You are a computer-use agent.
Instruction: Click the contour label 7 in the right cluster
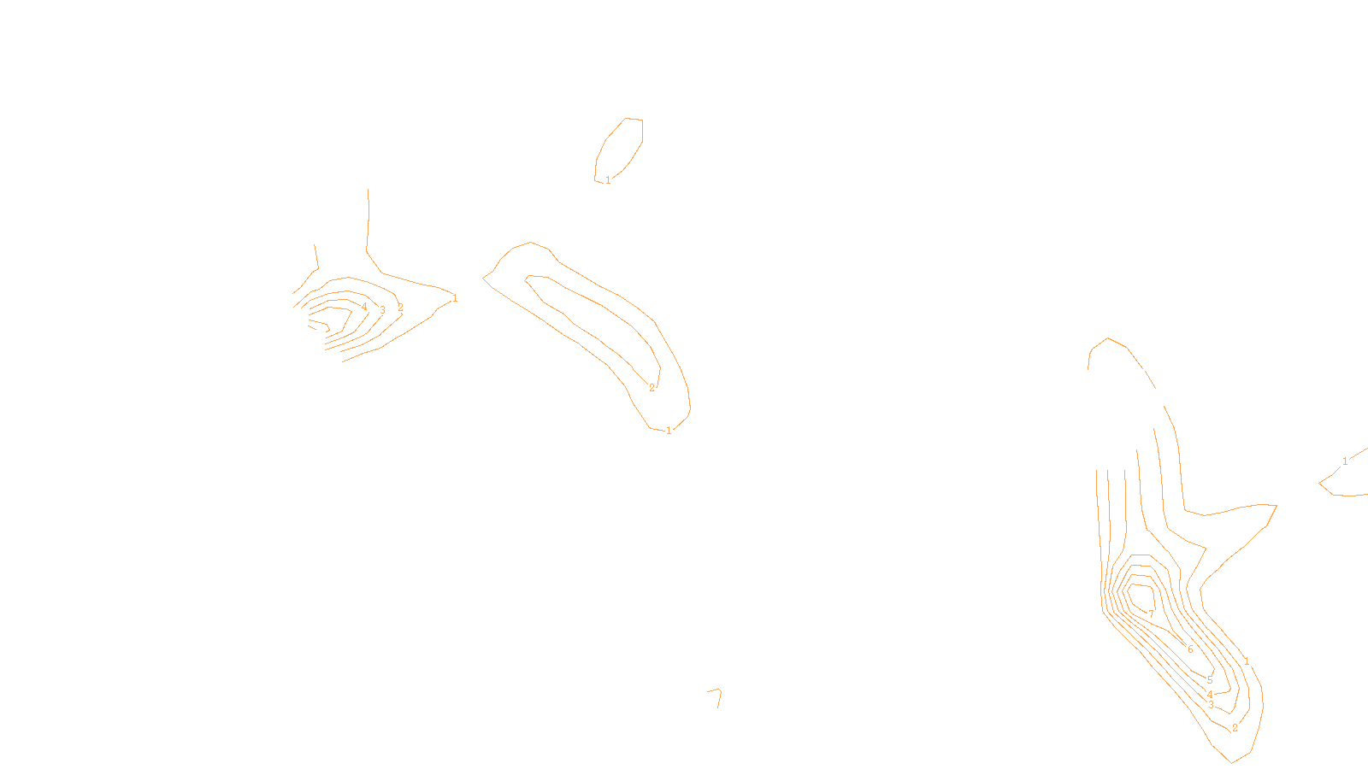pos(1151,613)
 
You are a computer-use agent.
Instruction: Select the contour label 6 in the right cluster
pos(1190,649)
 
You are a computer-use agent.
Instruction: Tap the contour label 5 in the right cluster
pos(1210,680)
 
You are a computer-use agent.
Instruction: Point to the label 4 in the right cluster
pos(1210,695)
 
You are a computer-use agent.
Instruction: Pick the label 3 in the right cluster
pos(1211,706)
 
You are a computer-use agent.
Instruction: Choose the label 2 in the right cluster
pos(1235,728)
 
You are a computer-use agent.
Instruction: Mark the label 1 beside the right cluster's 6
pos(1247,661)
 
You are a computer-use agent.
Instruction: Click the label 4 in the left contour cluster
pos(364,307)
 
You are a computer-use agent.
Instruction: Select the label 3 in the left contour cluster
pos(382,310)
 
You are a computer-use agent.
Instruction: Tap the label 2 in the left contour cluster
pos(400,308)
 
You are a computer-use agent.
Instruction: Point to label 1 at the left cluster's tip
pos(455,298)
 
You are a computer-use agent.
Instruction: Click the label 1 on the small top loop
pos(608,180)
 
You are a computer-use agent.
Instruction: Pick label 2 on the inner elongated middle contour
pos(652,388)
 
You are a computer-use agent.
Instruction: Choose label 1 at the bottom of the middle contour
pos(669,431)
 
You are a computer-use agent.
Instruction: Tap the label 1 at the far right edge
pos(1345,461)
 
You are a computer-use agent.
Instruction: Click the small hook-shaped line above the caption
pos(716,696)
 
